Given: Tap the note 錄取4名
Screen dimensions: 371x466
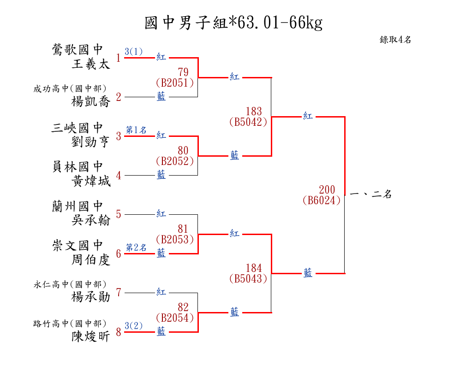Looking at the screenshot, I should (x=395, y=40).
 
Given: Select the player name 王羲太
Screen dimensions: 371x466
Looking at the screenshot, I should (x=91, y=64).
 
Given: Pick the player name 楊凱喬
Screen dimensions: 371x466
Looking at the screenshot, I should (x=91, y=102).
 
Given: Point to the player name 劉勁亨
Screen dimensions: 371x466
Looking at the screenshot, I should (x=91, y=141).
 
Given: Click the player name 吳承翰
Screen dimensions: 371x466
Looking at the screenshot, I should (x=91, y=220).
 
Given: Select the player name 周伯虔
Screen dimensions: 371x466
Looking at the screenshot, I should (x=91, y=260).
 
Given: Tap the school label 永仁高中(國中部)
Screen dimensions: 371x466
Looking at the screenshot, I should (x=70, y=285).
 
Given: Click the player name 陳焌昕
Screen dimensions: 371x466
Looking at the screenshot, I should (x=91, y=337).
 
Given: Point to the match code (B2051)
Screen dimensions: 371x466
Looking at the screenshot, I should (x=174, y=82).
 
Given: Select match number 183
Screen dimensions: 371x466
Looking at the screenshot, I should (x=254, y=111).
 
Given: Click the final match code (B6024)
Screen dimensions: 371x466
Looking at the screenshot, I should (x=322, y=200).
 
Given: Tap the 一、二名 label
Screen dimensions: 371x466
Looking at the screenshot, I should (x=370, y=194).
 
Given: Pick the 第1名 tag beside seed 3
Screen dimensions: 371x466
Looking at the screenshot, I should (x=136, y=130).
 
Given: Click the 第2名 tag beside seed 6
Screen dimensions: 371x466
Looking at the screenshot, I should (x=136, y=247).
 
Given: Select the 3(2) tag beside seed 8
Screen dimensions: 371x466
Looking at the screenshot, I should (x=133, y=326).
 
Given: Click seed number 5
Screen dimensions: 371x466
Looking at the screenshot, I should (x=119, y=214).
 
